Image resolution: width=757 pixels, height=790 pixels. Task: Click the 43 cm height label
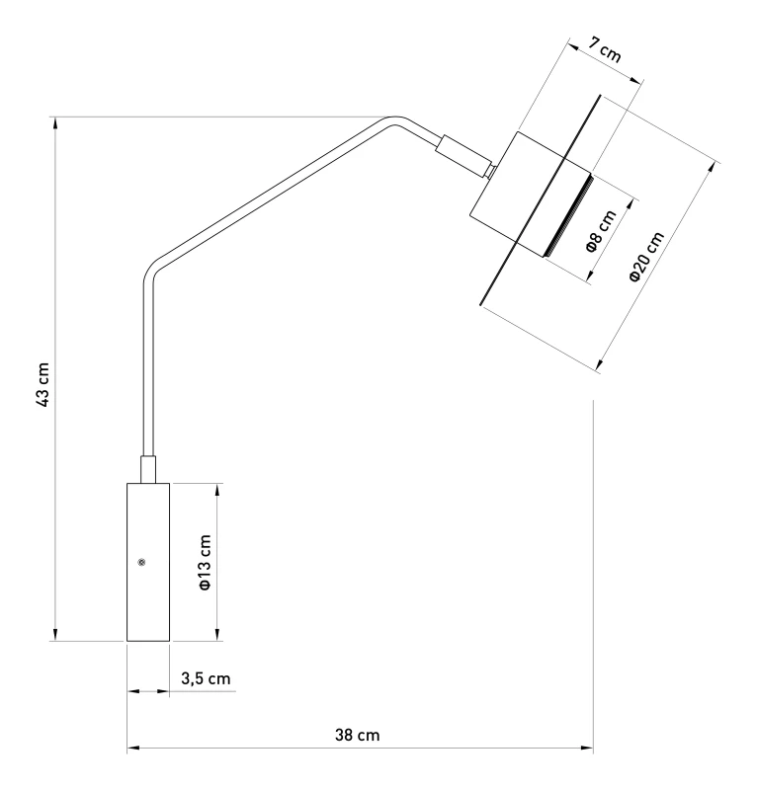[43, 385]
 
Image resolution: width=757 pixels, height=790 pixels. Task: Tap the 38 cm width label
[357, 735]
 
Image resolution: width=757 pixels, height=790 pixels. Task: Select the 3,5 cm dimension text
[206, 679]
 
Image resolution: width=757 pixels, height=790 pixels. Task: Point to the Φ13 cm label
[205, 562]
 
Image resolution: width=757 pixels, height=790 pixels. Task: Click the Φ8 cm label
[601, 231]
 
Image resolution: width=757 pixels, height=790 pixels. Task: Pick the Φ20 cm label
[646, 257]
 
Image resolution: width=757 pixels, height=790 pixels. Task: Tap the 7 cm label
[604, 50]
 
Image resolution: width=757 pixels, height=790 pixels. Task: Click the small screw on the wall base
[141, 562]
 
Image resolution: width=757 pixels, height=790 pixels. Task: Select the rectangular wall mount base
[148, 562]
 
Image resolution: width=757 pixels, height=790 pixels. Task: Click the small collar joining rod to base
[148, 470]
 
